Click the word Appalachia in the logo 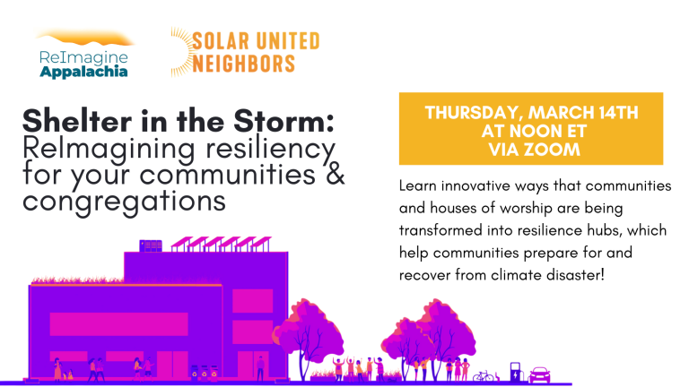(83, 72)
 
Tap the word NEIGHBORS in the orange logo (243, 64)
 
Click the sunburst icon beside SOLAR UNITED (180, 52)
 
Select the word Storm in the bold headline (283, 121)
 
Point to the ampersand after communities (335, 174)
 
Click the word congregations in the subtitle (124, 202)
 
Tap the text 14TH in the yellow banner (618, 113)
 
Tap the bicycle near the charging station (483, 376)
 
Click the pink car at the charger (539, 375)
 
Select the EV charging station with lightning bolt (516, 372)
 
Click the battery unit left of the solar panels (151, 245)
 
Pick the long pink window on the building (118, 323)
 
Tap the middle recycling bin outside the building (205, 372)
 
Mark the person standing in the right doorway (260, 367)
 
